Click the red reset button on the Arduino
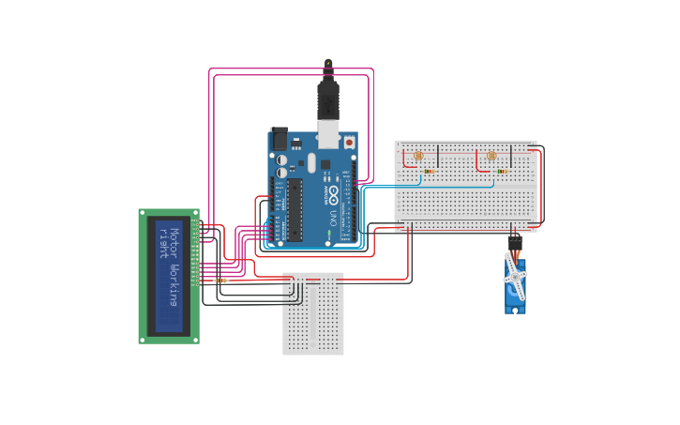click(x=349, y=143)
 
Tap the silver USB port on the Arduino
click(x=327, y=134)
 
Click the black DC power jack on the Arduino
click(x=279, y=139)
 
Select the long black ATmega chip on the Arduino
click(x=295, y=210)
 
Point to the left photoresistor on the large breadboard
click(x=418, y=156)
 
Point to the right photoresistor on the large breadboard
click(x=491, y=156)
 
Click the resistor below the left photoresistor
click(x=429, y=172)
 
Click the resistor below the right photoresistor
click(x=501, y=172)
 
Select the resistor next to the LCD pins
click(x=221, y=280)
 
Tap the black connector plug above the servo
click(x=514, y=241)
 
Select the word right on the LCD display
click(x=161, y=242)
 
